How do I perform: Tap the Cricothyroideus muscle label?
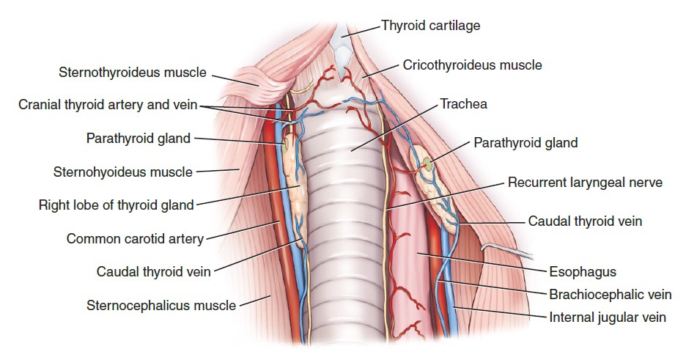(x=472, y=65)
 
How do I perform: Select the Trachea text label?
(x=463, y=104)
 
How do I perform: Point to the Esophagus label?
(x=583, y=272)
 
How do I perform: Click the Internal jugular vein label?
(x=608, y=317)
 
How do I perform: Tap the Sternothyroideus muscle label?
(x=132, y=73)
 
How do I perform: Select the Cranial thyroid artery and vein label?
(x=108, y=105)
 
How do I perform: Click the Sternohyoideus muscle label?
(x=122, y=172)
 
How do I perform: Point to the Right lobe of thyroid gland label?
(x=116, y=205)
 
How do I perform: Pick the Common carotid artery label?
(x=135, y=238)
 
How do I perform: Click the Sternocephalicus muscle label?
(x=161, y=304)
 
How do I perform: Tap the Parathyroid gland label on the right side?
(x=525, y=142)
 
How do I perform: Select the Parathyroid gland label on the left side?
(x=138, y=138)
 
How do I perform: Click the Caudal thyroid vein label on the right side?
(x=585, y=221)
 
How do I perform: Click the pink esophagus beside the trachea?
(x=418, y=257)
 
